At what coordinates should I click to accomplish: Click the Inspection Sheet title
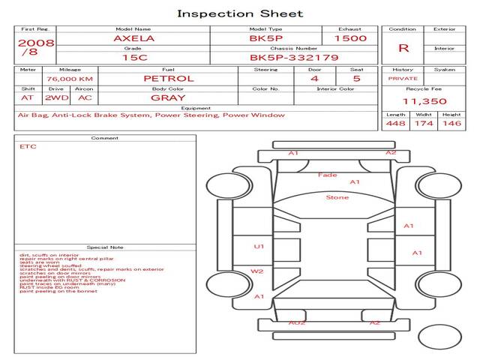(240, 13)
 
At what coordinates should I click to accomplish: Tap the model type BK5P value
(265, 38)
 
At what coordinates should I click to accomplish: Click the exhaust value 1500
(350, 38)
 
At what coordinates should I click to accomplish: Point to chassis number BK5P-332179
(294, 58)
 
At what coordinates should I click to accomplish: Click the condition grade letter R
(403, 48)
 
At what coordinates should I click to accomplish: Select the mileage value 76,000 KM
(69, 79)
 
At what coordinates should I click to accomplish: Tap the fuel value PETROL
(168, 79)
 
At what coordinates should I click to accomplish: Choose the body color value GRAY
(168, 97)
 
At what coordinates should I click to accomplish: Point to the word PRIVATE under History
(403, 78)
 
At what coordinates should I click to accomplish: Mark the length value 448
(396, 124)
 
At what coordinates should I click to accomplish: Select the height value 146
(451, 124)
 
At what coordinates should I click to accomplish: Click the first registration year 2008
(35, 43)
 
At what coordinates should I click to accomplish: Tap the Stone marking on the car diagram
(337, 197)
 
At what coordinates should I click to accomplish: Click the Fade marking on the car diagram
(327, 175)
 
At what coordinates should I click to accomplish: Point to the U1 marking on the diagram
(259, 246)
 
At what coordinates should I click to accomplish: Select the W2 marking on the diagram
(257, 271)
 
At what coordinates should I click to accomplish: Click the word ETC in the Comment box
(28, 147)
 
